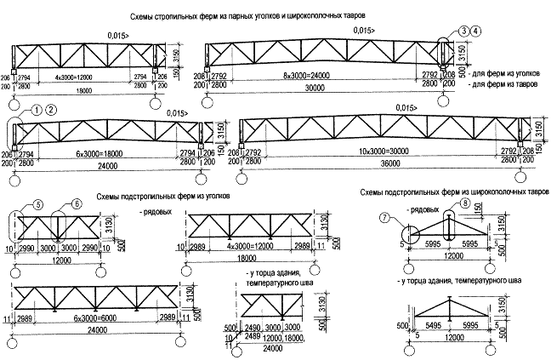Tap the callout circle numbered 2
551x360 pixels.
tap(52, 110)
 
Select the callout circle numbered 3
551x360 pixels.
tap(463, 31)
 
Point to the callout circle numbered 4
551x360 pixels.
tap(476, 31)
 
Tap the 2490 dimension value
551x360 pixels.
tap(252, 326)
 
